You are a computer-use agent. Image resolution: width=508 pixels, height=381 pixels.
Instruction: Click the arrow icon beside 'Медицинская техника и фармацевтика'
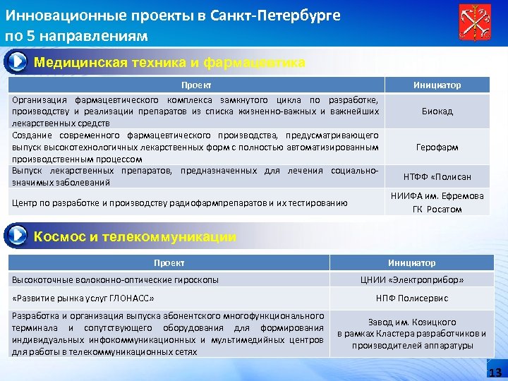(x=17, y=62)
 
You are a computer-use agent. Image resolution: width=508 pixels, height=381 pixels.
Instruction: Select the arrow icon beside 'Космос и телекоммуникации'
(x=17, y=236)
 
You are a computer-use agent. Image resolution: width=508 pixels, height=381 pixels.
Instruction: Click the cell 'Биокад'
(x=437, y=111)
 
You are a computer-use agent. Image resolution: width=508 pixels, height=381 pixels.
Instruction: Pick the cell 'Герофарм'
(x=437, y=147)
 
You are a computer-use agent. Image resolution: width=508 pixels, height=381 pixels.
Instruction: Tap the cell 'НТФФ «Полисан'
(x=437, y=177)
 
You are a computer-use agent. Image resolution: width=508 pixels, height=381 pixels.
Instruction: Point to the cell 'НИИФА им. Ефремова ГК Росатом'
(x=437, y=202)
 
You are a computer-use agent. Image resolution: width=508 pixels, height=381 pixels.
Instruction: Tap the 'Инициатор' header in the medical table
(x=437, y=85)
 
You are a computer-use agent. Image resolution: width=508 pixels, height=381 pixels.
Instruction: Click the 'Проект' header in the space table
(x=169, y=262)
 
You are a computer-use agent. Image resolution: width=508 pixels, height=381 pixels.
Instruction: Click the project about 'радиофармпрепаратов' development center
(x=180, y=203)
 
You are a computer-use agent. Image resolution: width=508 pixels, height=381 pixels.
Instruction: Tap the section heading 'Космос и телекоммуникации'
(x=135, y=237)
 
